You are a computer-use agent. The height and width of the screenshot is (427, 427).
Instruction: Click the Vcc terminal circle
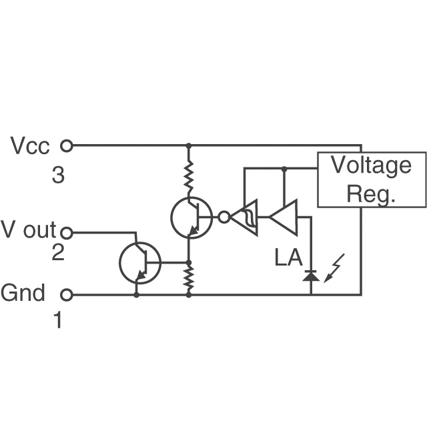click(67, 145)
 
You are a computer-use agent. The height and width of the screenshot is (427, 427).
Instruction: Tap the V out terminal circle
click(67, 233)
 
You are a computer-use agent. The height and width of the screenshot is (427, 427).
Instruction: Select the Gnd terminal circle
click(67, 295)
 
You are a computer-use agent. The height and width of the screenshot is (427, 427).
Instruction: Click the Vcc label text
click(30, 145)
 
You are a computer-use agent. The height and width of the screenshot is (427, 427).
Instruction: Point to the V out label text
click(29, 230)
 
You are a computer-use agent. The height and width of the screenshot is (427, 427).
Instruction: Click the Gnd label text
click(23, 293)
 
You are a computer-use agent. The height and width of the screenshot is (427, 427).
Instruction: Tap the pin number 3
click(58, 175)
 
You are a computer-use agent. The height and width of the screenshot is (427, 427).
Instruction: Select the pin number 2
click(58, 252)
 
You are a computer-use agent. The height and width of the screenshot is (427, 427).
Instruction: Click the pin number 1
click(58, 320)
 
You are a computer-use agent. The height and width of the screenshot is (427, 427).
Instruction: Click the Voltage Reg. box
click(372, 179)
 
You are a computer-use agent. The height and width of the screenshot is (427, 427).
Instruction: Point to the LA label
click(288, 258)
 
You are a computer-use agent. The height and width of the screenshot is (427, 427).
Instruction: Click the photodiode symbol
click(312, 276)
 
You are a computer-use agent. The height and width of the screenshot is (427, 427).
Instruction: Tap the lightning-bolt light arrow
click(334, 268)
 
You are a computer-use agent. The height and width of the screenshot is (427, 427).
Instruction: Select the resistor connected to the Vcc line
click(188, 178)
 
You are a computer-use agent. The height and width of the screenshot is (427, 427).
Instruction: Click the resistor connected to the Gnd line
click(188, 278)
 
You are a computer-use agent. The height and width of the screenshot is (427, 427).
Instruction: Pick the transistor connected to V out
click(140, 263)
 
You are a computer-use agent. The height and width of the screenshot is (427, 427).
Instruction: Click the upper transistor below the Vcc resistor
click(191, 218)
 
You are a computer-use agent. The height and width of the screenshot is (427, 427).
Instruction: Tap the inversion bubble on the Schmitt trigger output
click(224, 217)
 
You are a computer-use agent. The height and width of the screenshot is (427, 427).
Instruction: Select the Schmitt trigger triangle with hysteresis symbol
click(244, 217)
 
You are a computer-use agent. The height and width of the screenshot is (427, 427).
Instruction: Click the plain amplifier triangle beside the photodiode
click(283, 217)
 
